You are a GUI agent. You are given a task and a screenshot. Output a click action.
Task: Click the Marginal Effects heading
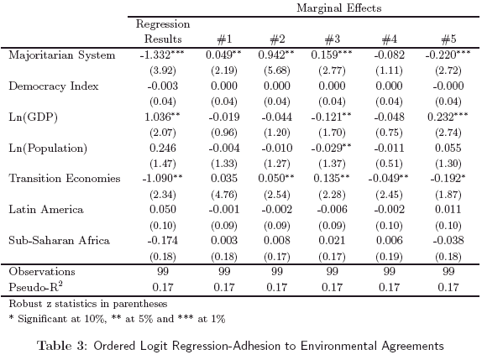coord(339,8)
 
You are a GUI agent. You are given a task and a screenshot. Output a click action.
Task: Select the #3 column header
coord(333,39)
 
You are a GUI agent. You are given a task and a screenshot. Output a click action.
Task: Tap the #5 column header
coord(448,39)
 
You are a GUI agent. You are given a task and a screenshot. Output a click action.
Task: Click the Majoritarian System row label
coord(62,55)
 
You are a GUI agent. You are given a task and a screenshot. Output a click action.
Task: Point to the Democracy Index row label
coord(54,86)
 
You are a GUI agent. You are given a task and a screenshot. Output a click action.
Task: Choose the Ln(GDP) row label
coord(34,117)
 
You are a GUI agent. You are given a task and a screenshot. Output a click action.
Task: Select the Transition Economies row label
coord(65,179)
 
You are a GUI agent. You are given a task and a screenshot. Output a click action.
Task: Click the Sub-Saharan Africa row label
coord(60,240)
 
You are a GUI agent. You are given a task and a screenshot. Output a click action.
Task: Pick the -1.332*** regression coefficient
coord(162,55)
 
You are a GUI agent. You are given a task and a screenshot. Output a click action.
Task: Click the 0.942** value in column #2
coord(276,55)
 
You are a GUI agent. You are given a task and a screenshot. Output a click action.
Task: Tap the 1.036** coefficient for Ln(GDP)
coord(162,117)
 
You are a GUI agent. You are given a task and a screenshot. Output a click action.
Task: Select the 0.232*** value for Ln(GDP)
coord(448,117)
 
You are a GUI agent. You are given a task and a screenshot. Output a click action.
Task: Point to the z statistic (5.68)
coord(277,70)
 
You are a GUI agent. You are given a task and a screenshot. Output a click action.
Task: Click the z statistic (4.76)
coord(224,195)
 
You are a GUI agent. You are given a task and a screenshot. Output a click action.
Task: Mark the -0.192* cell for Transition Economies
coord(448,178)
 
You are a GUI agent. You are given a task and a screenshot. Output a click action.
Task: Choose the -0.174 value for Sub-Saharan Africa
coord(163,240)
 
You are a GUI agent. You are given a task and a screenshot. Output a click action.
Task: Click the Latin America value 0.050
coord(163,210)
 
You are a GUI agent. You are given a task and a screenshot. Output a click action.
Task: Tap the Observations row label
coord(42,272)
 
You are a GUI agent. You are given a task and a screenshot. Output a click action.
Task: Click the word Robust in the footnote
coord(26,304)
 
